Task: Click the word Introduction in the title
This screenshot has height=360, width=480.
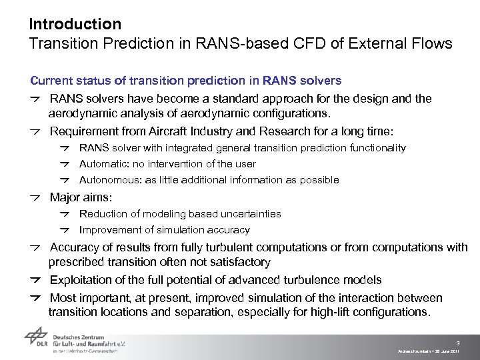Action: point(75,25)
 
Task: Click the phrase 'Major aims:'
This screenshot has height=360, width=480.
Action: point(81,198)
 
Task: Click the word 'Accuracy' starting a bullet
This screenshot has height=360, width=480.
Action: point(75,248)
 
